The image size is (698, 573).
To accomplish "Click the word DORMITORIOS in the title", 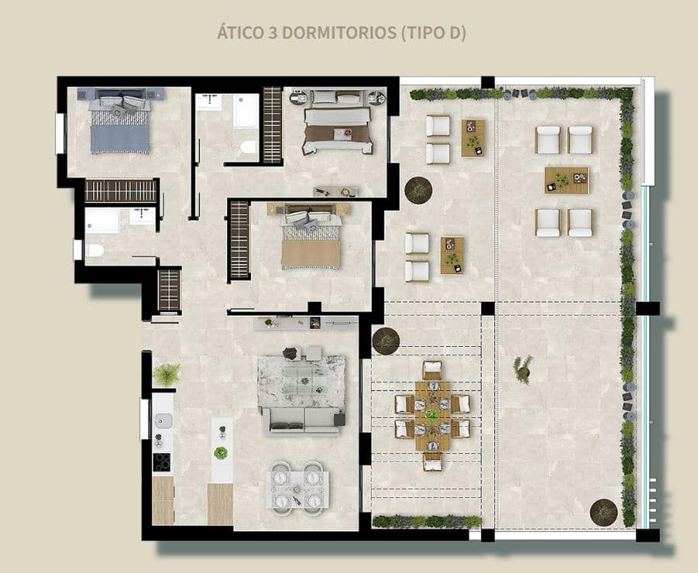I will pyautogui.click(x=335, y=34).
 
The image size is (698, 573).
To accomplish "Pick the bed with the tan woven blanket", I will pyautogui.click(x=311, y=243).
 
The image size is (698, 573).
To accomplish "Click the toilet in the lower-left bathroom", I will pyautogui.click(x=94, y=250).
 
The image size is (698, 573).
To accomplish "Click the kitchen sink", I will pyautogui.click(x=163, y=421).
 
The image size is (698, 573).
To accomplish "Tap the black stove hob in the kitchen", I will pyautogui.click(x=162, y=461).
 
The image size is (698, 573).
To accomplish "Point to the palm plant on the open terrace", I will pyautogui.click(x=523, y=369).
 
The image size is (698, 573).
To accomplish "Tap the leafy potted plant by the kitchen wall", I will pyautogui.click(x=167, y=375).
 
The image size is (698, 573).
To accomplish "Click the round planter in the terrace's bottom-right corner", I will pyautogui.click(x=603, y=512).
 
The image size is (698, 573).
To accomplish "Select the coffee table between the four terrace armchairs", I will pyautogui.click(x=566, y=180).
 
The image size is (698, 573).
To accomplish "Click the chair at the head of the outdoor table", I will pyautogui.click(x=432, y=369).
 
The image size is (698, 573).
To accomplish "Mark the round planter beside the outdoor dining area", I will pyautogui.click(x=386, y=340).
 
